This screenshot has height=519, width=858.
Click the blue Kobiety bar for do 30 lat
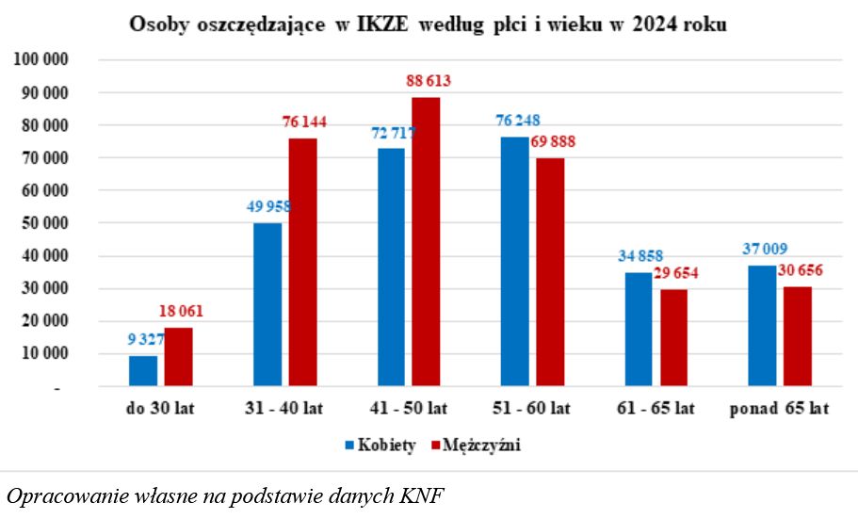pos(143,371)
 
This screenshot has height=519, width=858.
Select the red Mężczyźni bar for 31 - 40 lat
pos(302,263)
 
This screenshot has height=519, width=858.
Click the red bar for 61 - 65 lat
pos(672,338)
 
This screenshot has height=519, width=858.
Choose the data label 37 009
pos(761,250)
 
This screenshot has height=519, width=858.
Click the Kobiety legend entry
pos(379,446)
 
